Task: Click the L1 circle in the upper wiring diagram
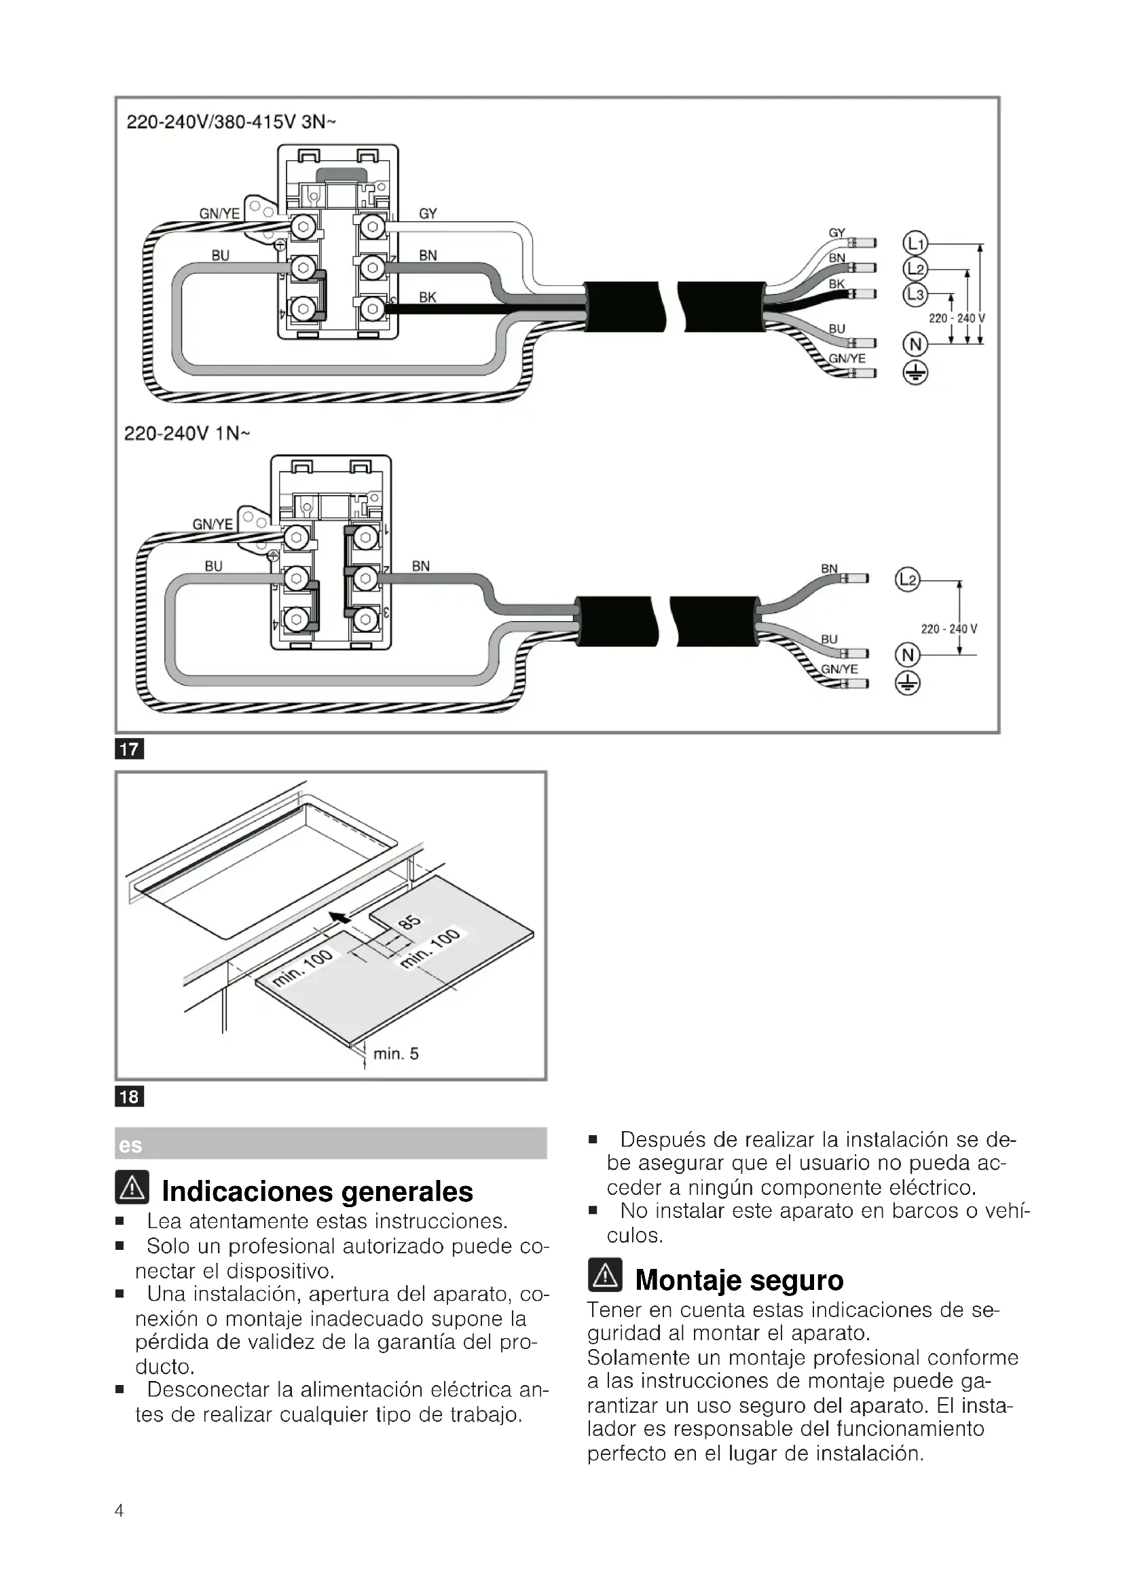coord(915,244)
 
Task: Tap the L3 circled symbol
coord(915,295)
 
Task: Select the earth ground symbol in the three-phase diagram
coord(915,374)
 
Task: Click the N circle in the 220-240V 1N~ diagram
coord(908,654)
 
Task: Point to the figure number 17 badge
coord(129,749)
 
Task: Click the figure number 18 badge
coord(129,1096)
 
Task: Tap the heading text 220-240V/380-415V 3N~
coord(231,122)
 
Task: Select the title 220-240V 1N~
coord(187,434)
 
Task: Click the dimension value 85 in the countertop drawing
coord(409,922)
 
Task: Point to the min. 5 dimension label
coord(396,1054)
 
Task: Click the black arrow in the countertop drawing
coord(339,918)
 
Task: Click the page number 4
coord(119,1511)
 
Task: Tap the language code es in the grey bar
coord(130,1145)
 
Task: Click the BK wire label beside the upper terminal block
coord(427,297)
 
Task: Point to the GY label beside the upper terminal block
coord(427,214)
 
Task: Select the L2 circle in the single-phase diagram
coord(908,580)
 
